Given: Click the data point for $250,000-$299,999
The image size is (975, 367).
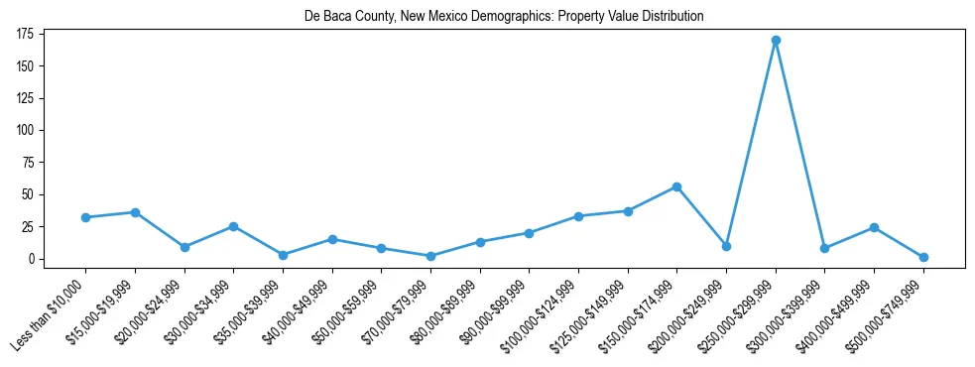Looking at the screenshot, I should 776,41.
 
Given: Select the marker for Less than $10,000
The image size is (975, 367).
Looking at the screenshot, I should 86,217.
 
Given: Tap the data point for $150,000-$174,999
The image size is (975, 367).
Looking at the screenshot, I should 676,186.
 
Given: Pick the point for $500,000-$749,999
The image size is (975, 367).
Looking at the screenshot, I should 923,257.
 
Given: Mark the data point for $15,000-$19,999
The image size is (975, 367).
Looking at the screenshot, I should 135,212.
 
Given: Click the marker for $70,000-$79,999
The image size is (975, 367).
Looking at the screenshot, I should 430,256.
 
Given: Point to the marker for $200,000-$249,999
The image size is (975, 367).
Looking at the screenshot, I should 726,246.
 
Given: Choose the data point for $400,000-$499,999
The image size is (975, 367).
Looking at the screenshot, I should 874,227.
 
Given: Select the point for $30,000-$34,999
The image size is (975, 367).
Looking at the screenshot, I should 234,226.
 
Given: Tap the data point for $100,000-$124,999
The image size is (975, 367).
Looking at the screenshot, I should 578,216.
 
